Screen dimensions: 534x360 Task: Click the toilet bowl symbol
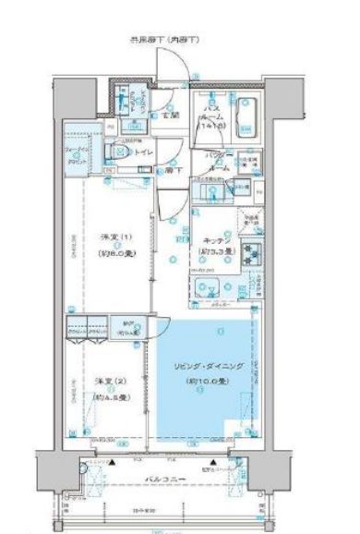click(115, 152)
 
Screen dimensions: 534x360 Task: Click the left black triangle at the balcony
click(111, 462)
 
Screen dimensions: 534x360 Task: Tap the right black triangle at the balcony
click(214, 462)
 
